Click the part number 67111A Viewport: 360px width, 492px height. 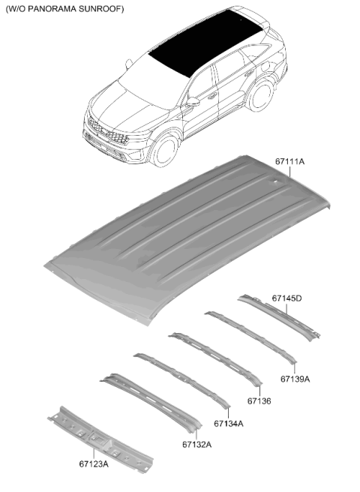click(289, 162)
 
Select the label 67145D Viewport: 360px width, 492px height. click(286, 298)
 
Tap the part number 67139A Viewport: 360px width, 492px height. click(295, 379)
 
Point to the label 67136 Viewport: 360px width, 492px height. click(259, 401)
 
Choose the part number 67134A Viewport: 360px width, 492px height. click(229, 424)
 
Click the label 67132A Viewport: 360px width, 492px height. click(196, 445)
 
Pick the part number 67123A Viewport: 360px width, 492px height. click(94, 463)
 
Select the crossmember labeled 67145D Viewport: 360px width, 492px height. click(279, 317)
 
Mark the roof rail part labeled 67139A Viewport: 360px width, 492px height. click(250, 337)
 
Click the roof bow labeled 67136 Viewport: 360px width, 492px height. click(215, 358)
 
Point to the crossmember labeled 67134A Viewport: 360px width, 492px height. click(181, 380)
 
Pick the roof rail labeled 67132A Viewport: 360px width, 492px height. click(151, 402)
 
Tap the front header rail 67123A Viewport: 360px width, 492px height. click(100, 439)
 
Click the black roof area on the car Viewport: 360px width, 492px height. click(205, 42)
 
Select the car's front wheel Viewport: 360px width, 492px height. click(166, 151)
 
